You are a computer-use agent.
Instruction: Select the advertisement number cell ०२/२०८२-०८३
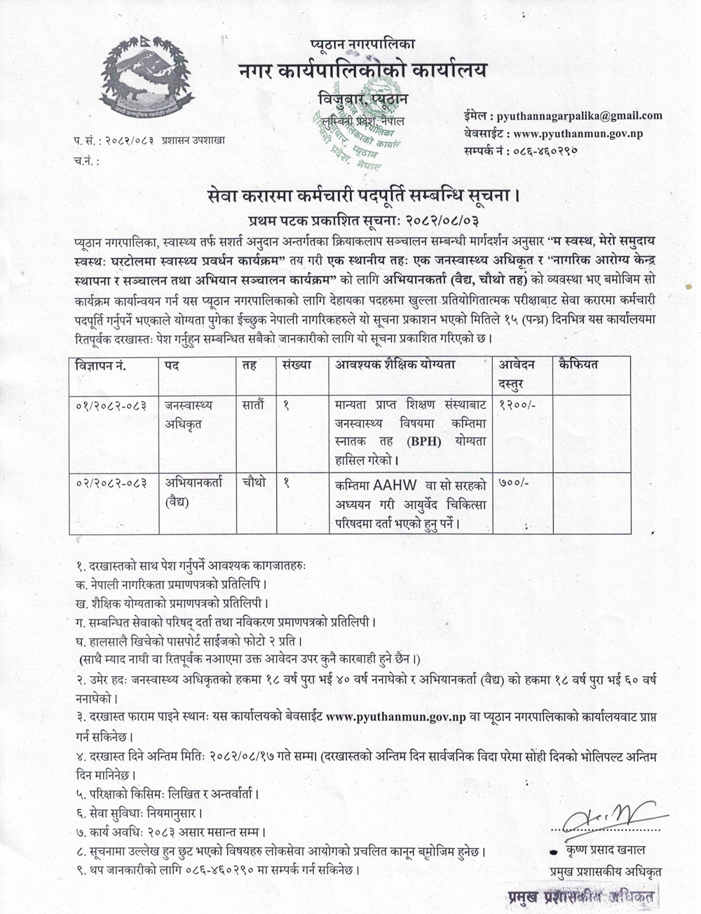[x=109, y=483]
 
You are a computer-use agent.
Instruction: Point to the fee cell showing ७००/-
[x=513, y=483]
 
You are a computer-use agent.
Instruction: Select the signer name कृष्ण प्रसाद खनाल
[x=606, y=851]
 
